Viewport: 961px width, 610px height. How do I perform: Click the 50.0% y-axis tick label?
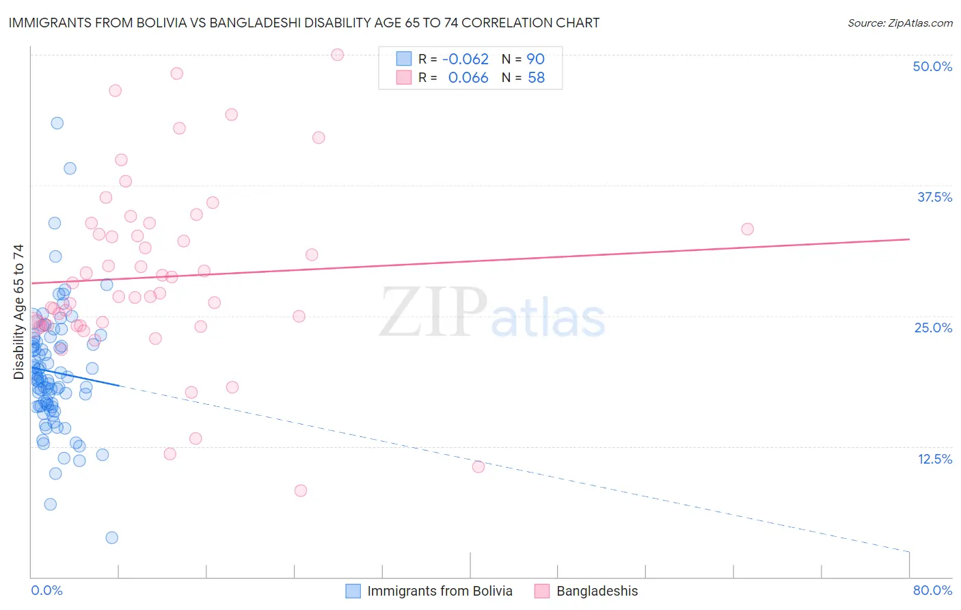932,66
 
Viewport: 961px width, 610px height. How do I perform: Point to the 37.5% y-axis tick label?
934,197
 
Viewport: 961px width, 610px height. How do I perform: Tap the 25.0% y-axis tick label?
933,328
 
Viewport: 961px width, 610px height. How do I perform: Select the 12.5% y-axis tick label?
934,459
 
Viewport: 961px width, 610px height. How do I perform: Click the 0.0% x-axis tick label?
46,590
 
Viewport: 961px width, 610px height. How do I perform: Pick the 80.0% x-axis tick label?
932,590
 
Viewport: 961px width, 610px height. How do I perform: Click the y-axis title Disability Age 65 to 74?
18,312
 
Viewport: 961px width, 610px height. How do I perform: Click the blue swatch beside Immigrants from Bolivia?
353,591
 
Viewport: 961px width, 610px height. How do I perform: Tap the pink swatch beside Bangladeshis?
542,591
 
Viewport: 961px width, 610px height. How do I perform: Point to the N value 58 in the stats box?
536,78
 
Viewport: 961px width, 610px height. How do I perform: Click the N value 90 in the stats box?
535,59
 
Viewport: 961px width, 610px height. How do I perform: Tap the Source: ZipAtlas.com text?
899,23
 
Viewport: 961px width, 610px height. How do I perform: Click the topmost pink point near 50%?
337,55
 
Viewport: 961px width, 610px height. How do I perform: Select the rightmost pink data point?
747,229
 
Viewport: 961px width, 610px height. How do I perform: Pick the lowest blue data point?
112,538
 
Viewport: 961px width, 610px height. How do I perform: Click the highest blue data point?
57,123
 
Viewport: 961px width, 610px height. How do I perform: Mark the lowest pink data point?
300,490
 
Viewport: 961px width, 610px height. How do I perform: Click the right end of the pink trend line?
909,239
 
